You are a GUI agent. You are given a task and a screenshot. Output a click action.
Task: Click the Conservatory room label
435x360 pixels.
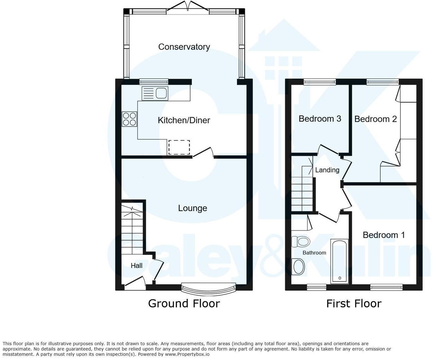click(184, 47)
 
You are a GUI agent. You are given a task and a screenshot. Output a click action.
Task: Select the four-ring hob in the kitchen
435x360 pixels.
click(130, 119)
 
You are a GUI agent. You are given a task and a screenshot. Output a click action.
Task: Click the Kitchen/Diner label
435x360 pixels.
click(184, 120)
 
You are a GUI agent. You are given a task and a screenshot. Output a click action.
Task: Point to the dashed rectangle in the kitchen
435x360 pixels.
click(179, 147)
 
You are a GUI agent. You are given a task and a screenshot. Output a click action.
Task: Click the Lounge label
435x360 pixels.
click(193, 208)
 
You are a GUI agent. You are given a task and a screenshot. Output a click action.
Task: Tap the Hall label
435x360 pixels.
click(136, 265)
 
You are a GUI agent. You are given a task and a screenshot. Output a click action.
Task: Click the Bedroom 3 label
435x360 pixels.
click(320, 119)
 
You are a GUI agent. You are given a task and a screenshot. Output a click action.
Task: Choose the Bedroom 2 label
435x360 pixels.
click(375, 119)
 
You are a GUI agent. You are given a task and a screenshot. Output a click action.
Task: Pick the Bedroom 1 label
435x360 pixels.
click(384, 235)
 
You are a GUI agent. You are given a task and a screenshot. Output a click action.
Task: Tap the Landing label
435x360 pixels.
click(327, 170)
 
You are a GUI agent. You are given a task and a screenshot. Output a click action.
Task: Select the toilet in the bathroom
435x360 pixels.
click(300, 241)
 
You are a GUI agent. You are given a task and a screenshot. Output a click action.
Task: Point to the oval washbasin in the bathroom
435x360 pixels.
click(298, 267)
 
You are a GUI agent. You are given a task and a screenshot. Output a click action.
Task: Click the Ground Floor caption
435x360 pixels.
click(184, 304)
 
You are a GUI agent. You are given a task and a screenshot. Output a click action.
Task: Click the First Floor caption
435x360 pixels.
click(354, 304)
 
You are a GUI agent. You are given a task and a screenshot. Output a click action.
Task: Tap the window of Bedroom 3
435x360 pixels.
click(320, 82)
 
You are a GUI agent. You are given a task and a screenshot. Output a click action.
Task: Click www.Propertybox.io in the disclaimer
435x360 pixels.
click(187, 354)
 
